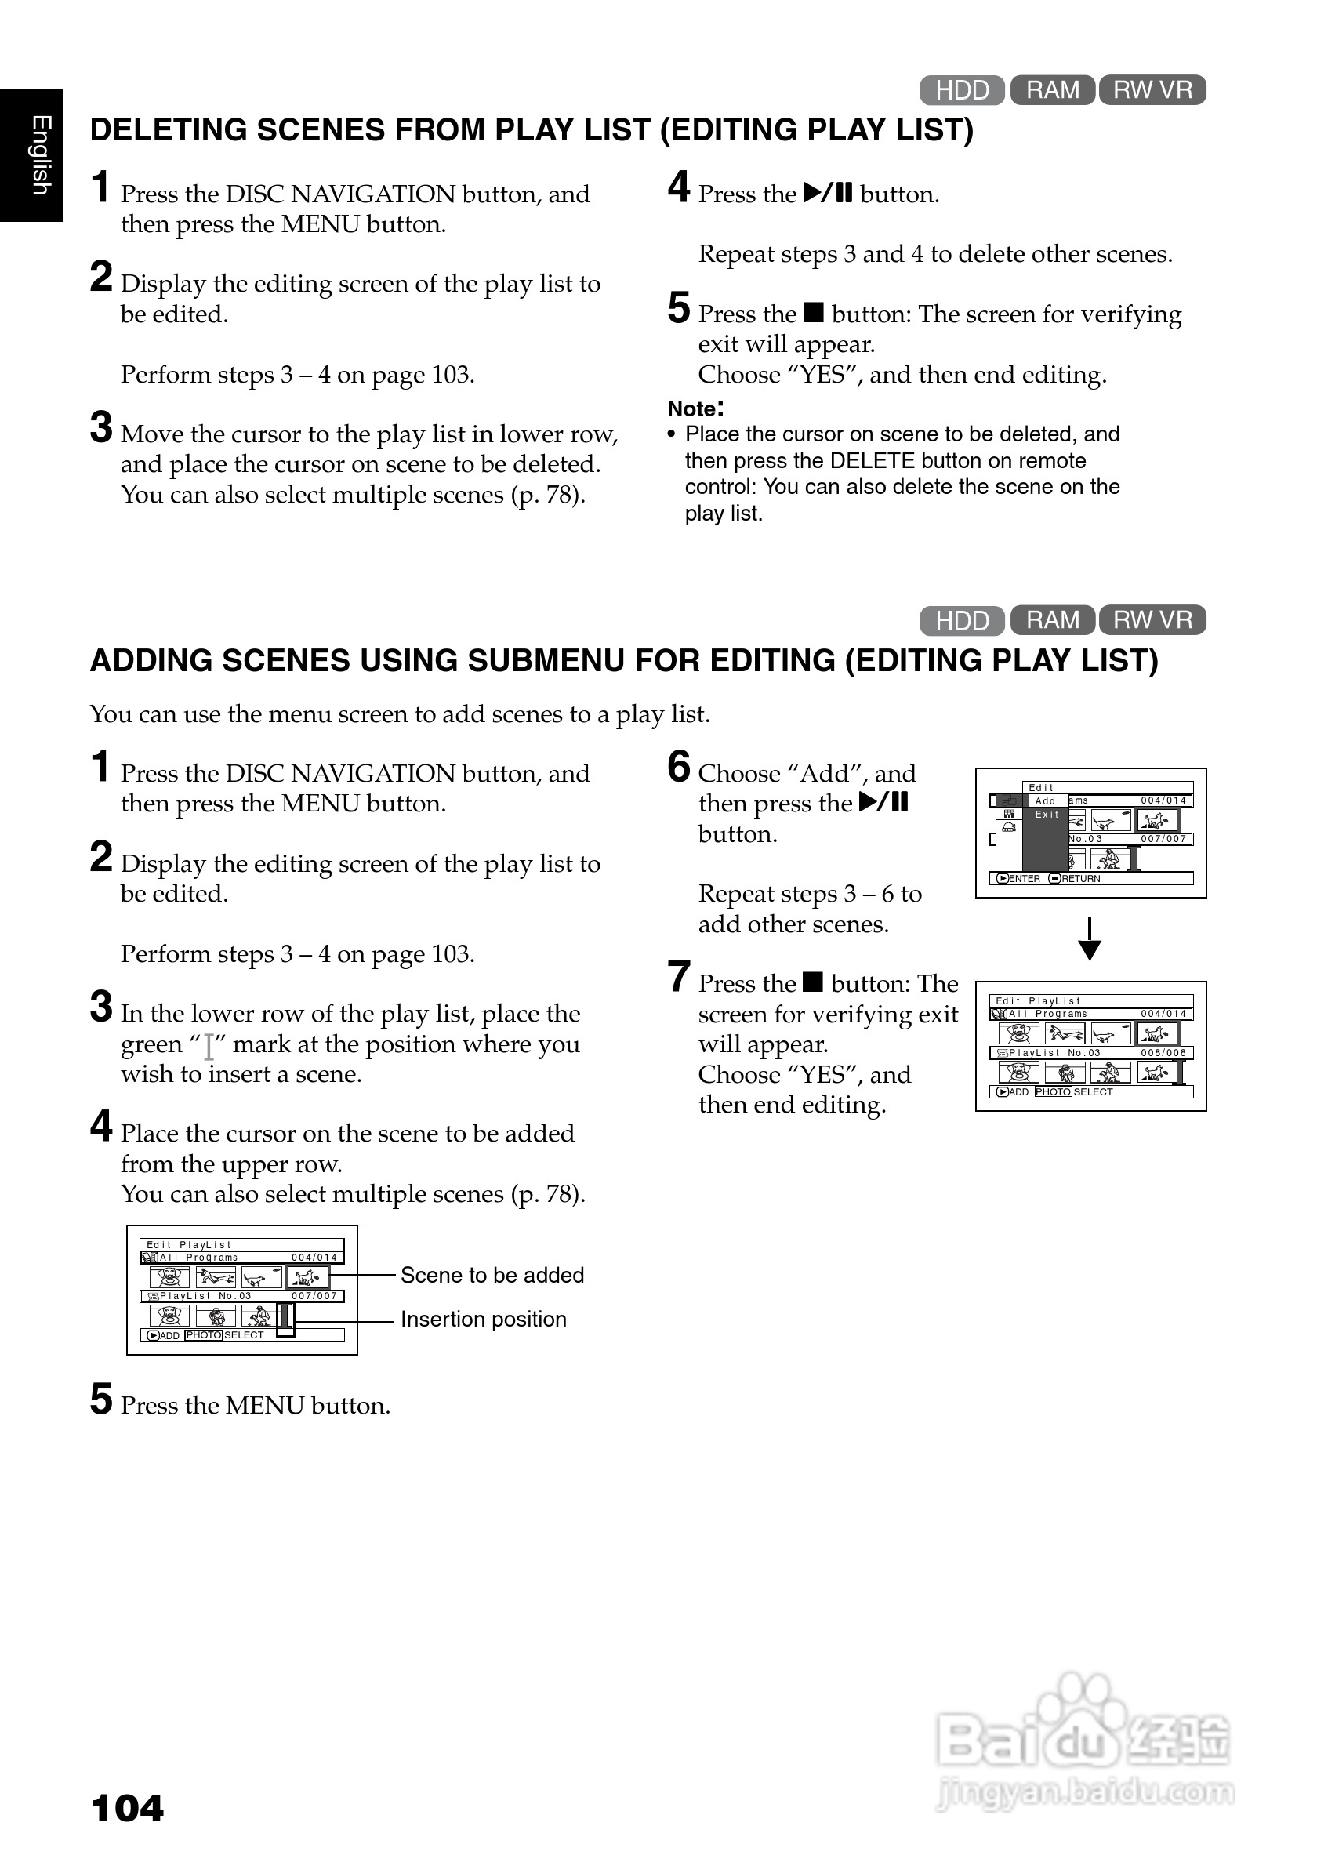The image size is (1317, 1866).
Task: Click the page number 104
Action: pyautogui.click(x=128, y=1808)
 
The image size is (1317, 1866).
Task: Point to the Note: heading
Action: pyautogui.click(x=695, y=408)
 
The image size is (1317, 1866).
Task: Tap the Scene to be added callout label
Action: pyautogui.click(x=492, y=1275)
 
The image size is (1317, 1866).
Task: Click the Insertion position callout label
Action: pyautogui.click(x=484, y=1319)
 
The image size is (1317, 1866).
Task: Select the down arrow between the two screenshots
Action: pyautogui.click(x=1090, y=939)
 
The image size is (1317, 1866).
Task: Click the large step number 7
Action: pyautogui.click(x=678, y=977)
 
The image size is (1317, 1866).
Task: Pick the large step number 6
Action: pyautogui.click(x=678, y=768)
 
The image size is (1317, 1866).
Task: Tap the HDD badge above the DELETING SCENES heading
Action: pyautogui.click(x=962, y=89)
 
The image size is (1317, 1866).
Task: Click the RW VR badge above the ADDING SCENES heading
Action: pyautogui.click(x=1152, y=620)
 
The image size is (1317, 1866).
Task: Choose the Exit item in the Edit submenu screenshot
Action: pyautogui.click(x=1047, y=815)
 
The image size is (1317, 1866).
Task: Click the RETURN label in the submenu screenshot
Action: pyautogui.click(x=1079, y=879)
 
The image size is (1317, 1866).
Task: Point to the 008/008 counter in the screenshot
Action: pyautogui.click(x=1163, y=1052)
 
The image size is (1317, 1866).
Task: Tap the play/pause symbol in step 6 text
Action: pyautogui.click(x=883, y=803)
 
